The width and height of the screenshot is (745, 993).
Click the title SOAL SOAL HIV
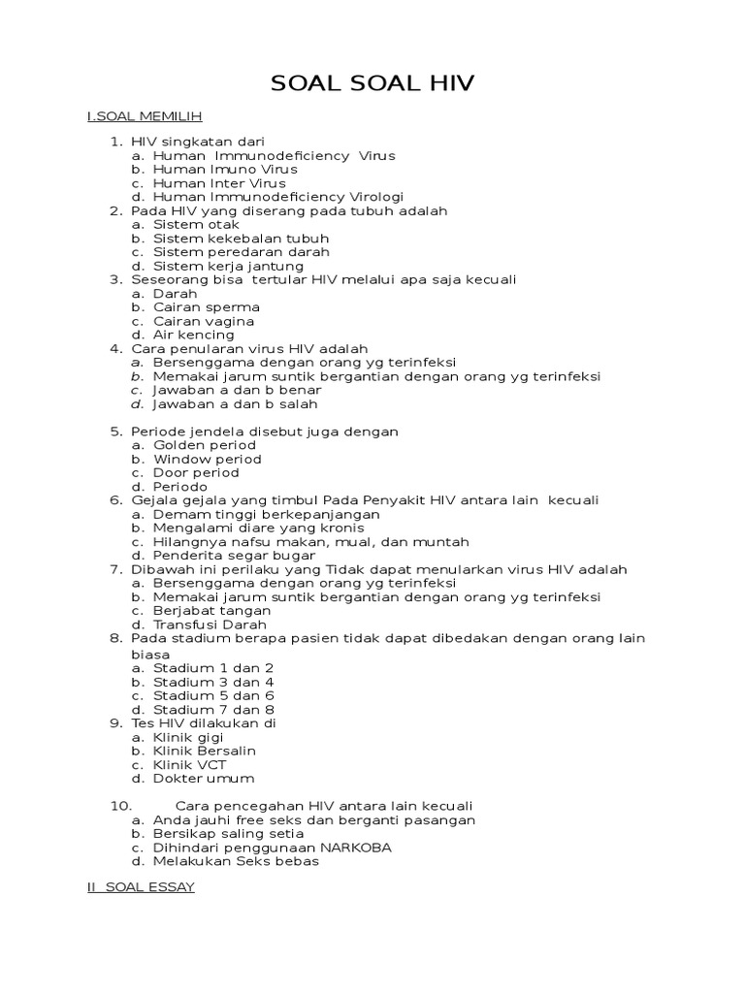372,83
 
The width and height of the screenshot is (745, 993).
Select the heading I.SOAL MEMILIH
144,116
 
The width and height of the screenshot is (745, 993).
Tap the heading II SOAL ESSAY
141,887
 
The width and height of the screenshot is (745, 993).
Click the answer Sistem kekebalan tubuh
241,238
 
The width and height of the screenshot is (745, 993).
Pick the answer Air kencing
194,335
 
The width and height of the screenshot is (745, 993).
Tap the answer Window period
208,459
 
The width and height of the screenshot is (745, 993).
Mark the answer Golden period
205,445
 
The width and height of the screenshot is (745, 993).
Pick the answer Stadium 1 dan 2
213,668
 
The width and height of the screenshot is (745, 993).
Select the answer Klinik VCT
190,764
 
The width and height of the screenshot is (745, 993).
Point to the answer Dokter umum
204,778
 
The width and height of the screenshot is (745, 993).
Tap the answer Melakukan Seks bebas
236,860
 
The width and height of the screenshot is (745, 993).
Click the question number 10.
120,806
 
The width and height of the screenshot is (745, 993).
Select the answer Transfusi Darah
210,625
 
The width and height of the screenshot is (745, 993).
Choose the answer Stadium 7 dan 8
213,709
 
